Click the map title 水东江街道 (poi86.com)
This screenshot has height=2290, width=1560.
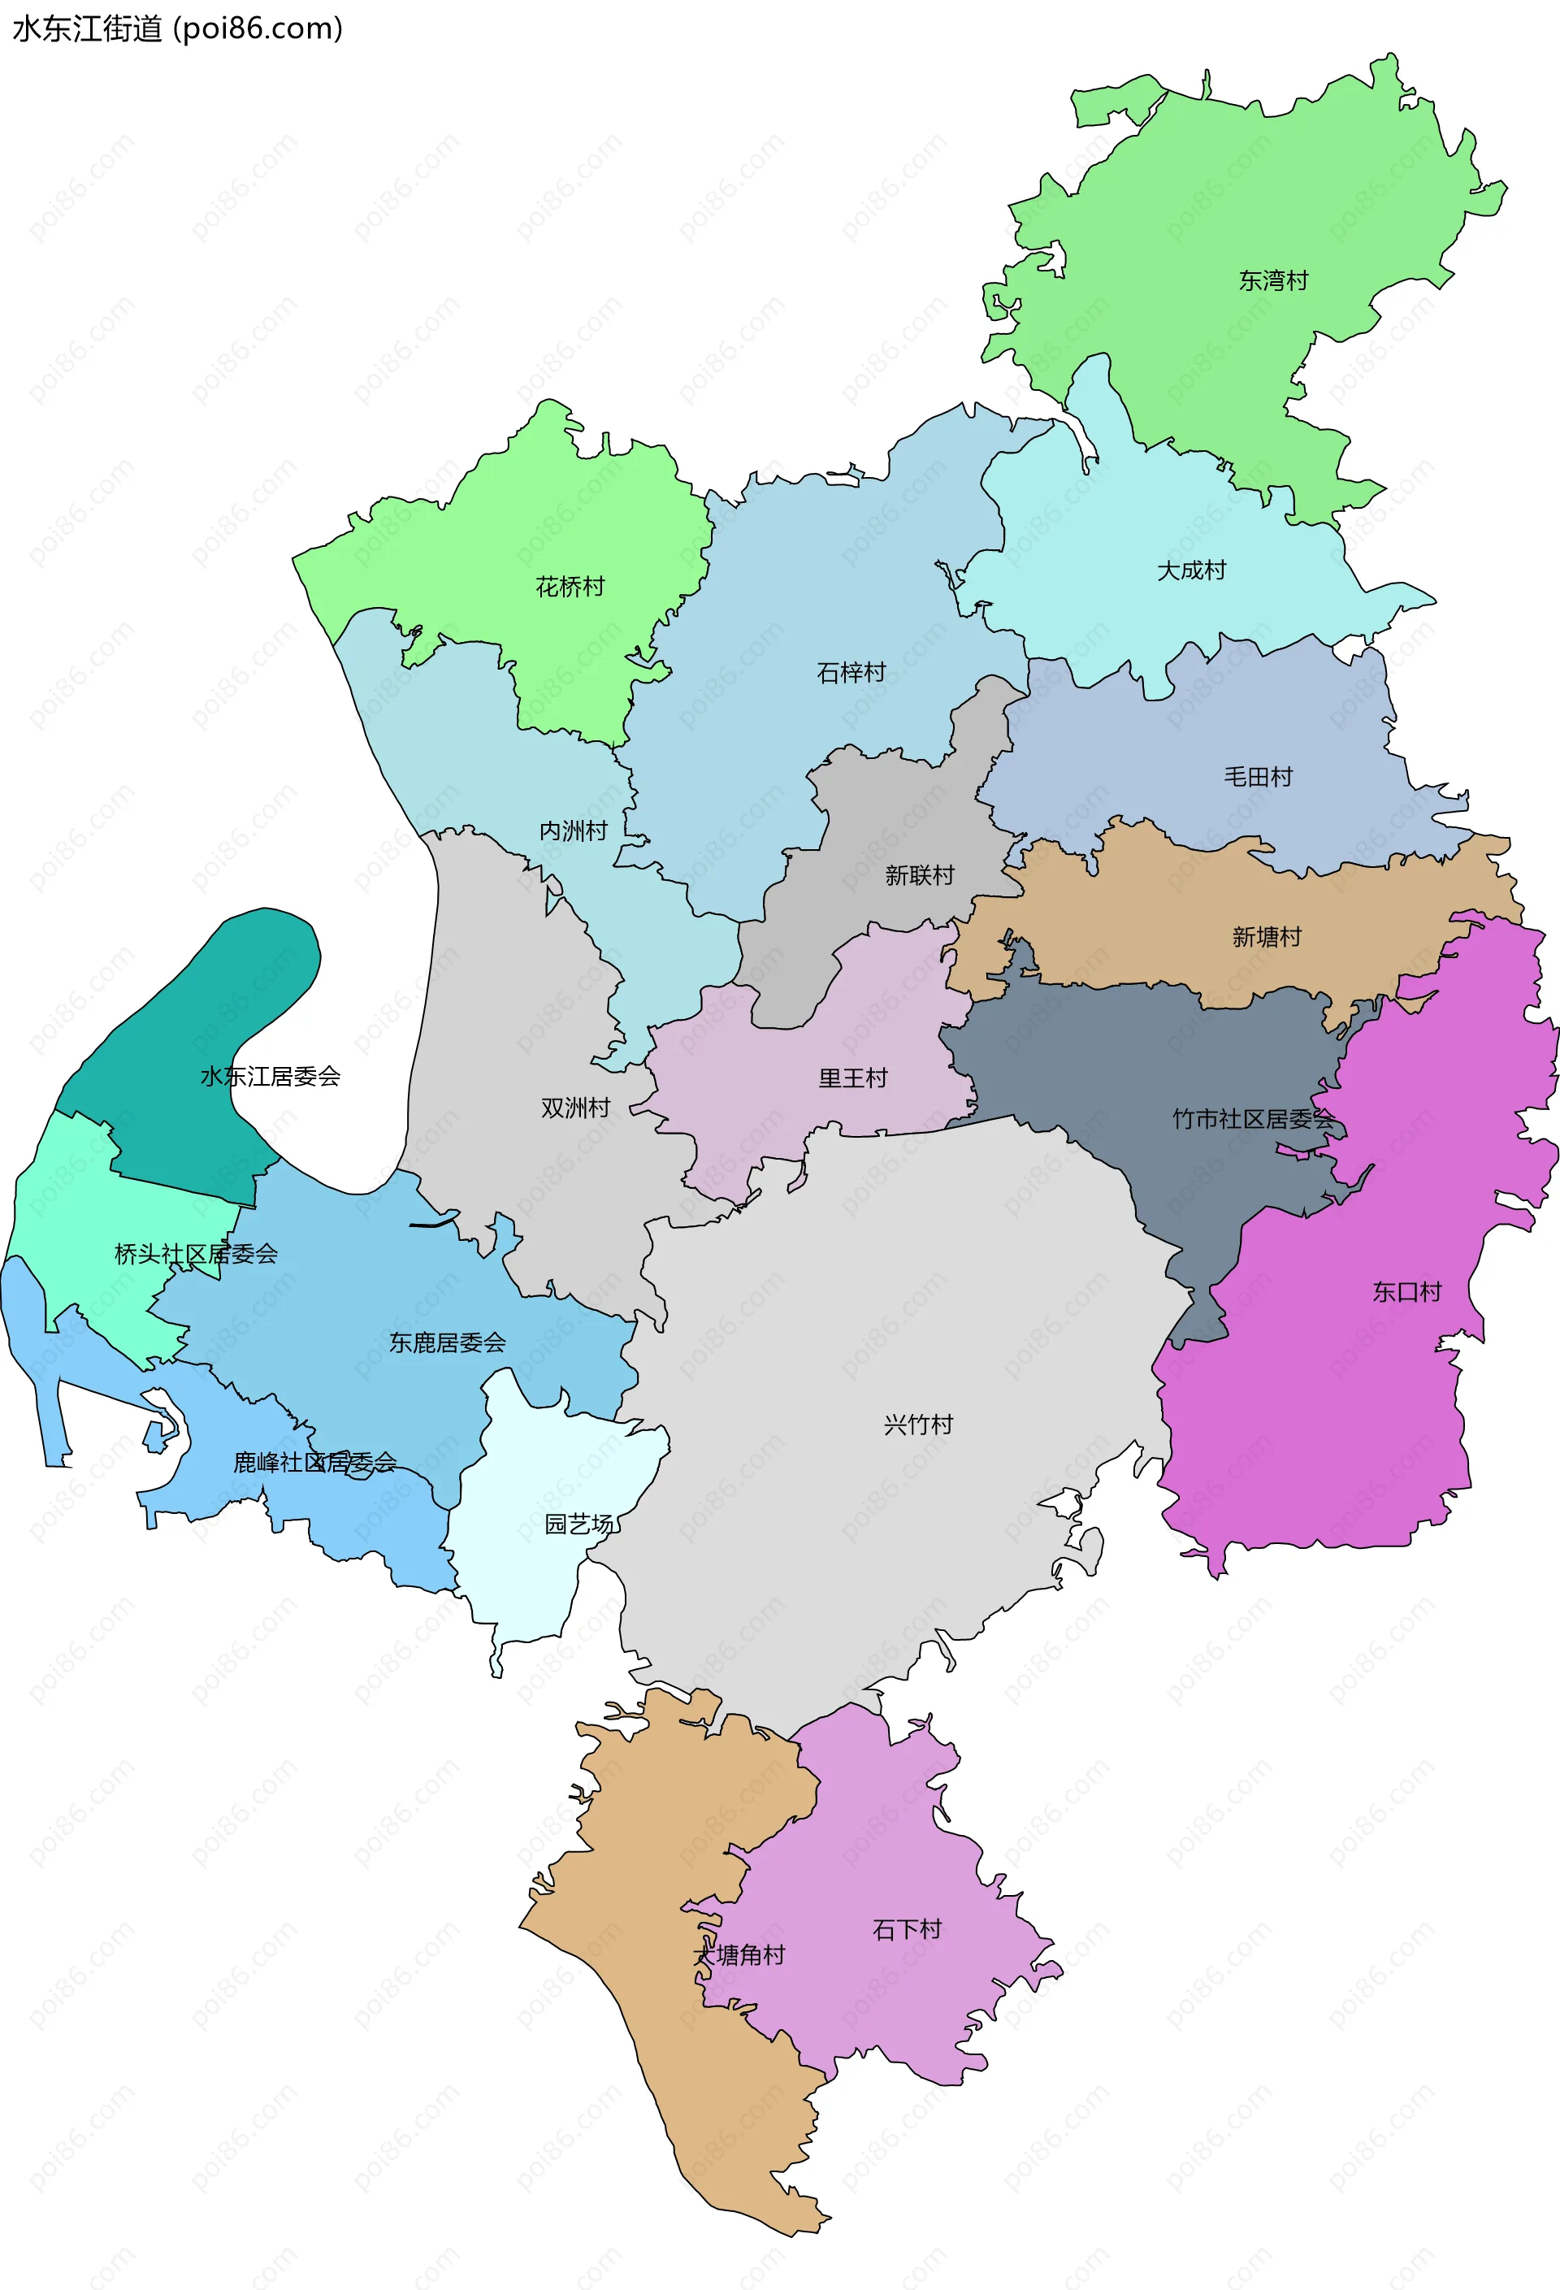pos(177,28)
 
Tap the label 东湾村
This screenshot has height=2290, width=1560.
pos(1273,281)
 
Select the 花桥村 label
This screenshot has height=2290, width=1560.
pos(570,588)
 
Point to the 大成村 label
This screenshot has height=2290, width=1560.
pos(1191,570)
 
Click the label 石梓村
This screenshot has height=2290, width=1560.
pos(851,673)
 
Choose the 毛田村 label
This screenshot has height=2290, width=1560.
pos(1258,778)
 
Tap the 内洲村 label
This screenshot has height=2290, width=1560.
pos(574,831)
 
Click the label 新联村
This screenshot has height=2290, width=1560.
pos(920,875)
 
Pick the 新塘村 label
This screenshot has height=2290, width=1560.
pos(1267,937)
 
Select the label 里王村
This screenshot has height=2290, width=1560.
pos(852,1078)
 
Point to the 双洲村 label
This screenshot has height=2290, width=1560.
pos(575,1108)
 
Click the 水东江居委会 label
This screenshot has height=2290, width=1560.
pos(270,1076)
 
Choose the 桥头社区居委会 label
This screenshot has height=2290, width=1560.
pos(196,1255)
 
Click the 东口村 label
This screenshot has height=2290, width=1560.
pos(1406,1292)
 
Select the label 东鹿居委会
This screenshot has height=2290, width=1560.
pos(448,1342)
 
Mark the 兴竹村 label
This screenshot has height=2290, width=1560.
pos(918,1425)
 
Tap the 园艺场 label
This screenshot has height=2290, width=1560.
pos(579,1524)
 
